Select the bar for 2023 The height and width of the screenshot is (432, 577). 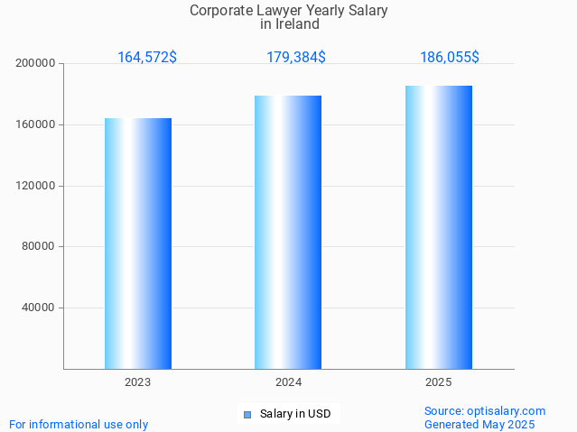click(138, 244)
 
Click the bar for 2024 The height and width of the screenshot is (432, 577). click(288, 233)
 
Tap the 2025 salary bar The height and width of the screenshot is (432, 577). click(439, 227)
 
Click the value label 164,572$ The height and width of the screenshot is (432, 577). click(147, 58)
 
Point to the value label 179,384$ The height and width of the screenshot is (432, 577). click(296, 58)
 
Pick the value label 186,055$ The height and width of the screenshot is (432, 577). click(450, 58)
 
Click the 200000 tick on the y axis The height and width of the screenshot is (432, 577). click(36, 63)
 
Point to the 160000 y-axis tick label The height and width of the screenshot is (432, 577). click(36, 124)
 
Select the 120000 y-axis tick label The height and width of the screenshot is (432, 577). click(36, 186)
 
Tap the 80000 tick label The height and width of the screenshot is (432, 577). click(39, 246)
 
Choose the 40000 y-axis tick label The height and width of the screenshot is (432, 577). click(39, 308)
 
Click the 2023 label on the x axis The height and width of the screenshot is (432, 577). click(138, 382)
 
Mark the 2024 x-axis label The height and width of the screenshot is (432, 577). click(288, 382)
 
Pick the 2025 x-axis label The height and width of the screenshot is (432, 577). click(439, 382)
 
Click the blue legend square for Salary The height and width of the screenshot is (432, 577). click(247, 415)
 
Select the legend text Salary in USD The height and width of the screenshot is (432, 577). click(295, 415)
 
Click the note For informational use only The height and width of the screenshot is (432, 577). click(79, 424)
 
